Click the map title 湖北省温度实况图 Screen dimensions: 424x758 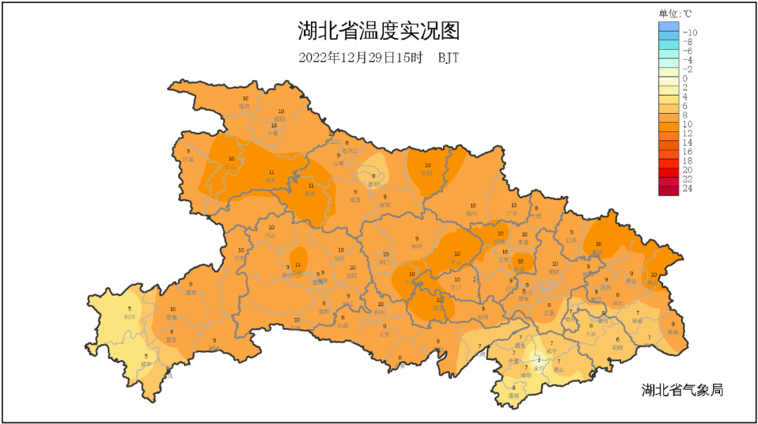pos(378,32)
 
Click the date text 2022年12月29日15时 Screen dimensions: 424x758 pos(360,58)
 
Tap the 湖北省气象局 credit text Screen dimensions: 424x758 pos(681,390)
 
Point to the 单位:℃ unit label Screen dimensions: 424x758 pos(675,13)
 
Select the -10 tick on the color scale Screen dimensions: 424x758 pos(689,32)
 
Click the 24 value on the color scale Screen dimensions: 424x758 pos(688,188)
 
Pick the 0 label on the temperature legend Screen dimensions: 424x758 pos(685,78)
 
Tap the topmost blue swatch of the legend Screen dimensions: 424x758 pos(669,27)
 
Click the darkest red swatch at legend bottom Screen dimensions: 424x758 pos(669,190)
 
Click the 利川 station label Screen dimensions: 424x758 pos(129,317)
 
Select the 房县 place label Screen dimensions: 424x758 pos(270,180)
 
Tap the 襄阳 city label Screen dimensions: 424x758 pos(373,184)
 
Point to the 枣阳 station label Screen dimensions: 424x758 pos(427,173)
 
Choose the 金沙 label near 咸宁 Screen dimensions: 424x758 pos(538,367)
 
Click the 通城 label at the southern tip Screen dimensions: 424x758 pos(514,395)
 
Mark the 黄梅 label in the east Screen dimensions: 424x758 pos(673,331)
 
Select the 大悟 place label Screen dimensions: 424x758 pos(536,216)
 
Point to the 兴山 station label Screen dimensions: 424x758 pos(270,236)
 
